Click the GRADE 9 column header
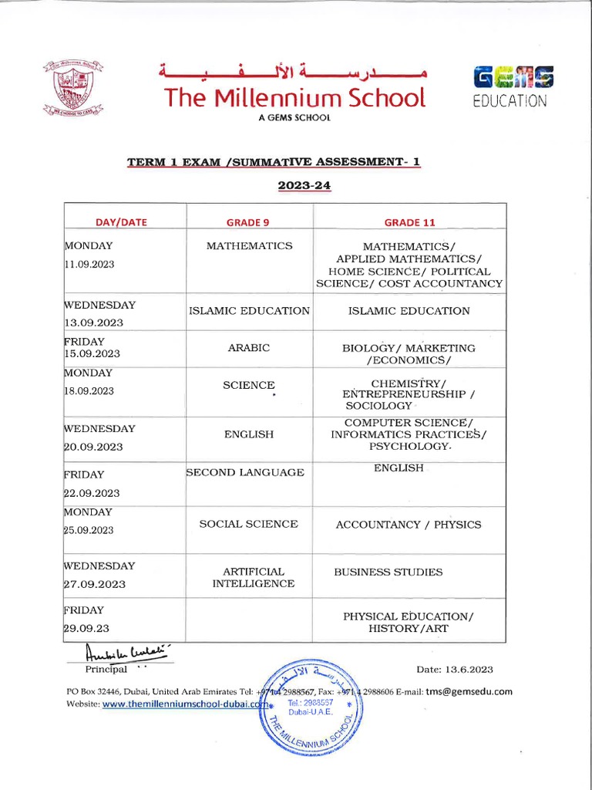click(x=247, y=222)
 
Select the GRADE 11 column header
click(x=410, y=222)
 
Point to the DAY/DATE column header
click(x=121, y=222)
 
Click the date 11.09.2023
click(x=89, y=264)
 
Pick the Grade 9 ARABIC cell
click(x=248, y=348)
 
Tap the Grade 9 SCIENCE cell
click(x=248, y=384)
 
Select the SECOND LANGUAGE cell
click(x=245, y=472)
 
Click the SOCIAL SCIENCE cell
click(x=248, y=524)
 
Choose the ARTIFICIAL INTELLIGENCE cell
click(x=253, y=578)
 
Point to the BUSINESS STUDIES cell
click(x=388, y=572)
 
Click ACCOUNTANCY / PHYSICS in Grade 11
click(x=409, y=525)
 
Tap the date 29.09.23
click(x=84, y=628)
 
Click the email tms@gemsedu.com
click(x=469, y=691)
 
